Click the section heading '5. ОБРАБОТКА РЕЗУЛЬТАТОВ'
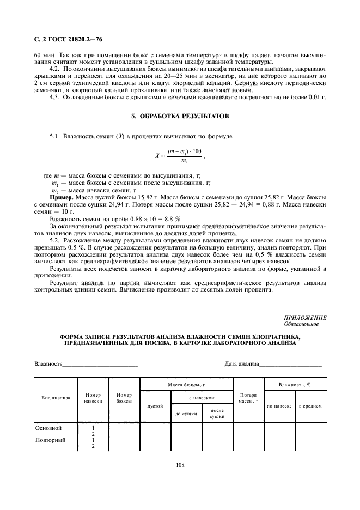pyautogui.click(x=180, y=116)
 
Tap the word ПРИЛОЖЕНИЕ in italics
pyautogui.click(x=305, y=317)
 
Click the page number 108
pyautogui.click(x=180, y=465)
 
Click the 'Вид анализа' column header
pyautogui.click(x=56, y=398)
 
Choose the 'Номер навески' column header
pyautogui.click(x=93, y=398)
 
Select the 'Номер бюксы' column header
pyautogui.click(x=125, y=398)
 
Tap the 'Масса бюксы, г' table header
pyautogui.click(x=186, y=385)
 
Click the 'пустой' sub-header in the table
pyautogui.click(x=155, y=406)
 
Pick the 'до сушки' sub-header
pyautogui.click(x=186, y=414)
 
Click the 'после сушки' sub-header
pyautogui.click(x=217, y=414)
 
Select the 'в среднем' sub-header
pyautogui.click(x=310, y=406)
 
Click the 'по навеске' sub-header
pyautogui.click(x=279, y=406)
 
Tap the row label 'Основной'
pyautogui.click(x=48, y=428)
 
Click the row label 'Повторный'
pyautogui.click(x=50, y=440)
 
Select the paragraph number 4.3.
pyautogui.click(x=55, y=97)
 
